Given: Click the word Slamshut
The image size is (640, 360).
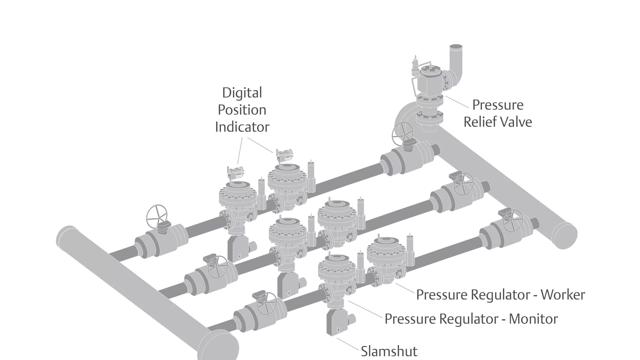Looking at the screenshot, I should (389, 351).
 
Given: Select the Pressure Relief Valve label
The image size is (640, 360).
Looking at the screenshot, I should (498, 113).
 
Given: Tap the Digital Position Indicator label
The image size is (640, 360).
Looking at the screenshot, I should (242, 110).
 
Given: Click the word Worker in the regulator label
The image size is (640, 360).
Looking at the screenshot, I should (563, 295).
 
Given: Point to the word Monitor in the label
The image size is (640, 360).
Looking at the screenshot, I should (533, 319).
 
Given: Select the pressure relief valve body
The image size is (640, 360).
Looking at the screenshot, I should (430, 80).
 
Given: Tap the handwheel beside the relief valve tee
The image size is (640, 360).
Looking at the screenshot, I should (402, 133).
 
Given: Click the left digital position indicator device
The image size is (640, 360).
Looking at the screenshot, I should (236, 172).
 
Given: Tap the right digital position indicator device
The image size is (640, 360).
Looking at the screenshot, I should (284, 156).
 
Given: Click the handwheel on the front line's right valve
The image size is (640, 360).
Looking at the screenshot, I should (512, 221).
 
